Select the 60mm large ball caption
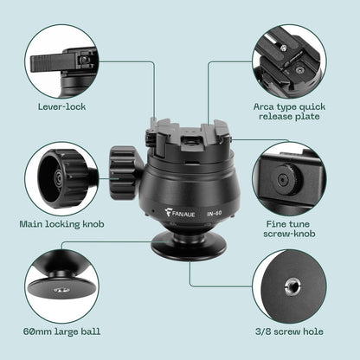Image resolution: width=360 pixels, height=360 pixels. (x=62, y=331)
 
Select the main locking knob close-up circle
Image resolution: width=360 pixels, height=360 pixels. (x=61, y=179)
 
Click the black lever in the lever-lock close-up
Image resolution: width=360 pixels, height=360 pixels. (x=50, y=63)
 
